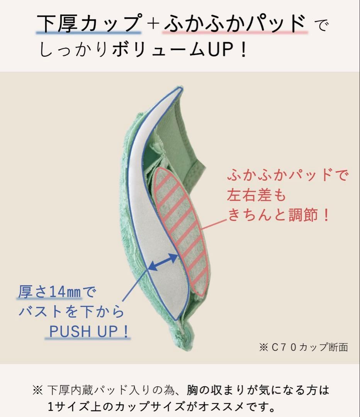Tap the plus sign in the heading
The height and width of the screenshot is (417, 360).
tap(153, 24)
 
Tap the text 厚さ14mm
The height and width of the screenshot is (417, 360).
tap(49, 292)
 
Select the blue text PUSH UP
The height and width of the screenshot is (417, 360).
tap(83, 331)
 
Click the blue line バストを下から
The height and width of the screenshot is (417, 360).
tap(71, 312)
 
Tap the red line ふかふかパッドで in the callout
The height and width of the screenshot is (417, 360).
tap(287, 175)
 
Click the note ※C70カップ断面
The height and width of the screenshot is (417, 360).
tap(304, 347)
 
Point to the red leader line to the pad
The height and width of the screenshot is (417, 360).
tap(215, 225)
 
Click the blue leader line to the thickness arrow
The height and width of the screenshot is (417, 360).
tap(135, 285)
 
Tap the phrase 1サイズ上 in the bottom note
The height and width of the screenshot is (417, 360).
tap(75, 406)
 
